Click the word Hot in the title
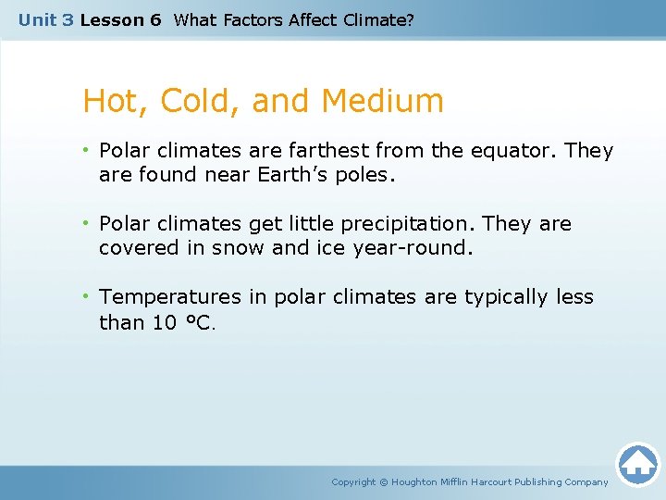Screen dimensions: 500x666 [108, 101]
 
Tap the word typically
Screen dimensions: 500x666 [505, 297]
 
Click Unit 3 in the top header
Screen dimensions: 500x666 [45, 19]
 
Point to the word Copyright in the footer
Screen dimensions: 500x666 [353, 481]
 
